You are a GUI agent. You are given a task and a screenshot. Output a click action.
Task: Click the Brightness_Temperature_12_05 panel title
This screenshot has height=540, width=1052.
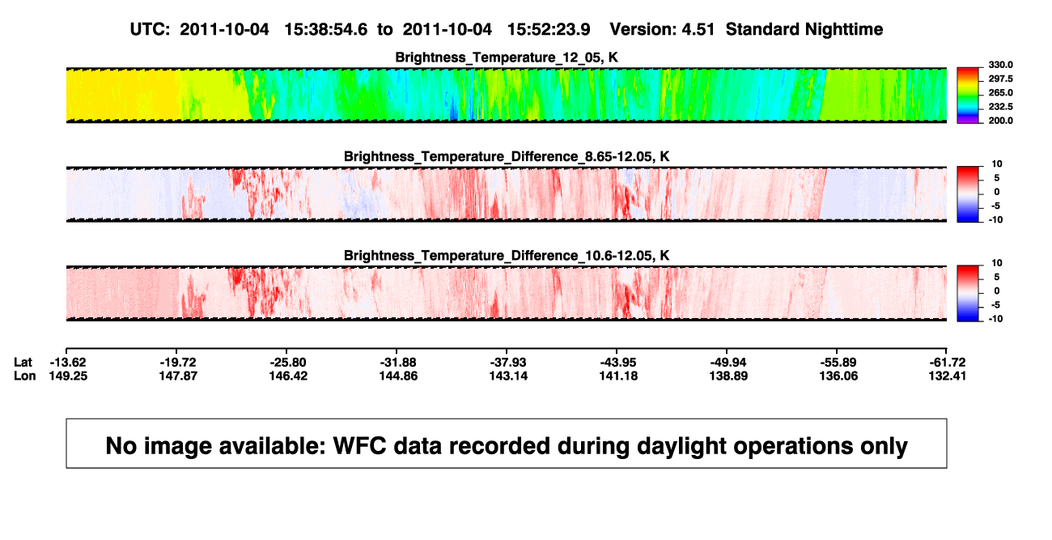coord(507,57)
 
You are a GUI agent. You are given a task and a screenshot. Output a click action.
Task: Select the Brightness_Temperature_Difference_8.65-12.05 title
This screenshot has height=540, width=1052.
coord(507,156)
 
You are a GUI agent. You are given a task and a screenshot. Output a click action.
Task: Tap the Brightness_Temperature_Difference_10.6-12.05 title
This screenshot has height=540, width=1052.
coord(507,256)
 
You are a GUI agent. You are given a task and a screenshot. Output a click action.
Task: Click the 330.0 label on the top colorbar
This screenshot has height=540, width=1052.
coord(1000,65)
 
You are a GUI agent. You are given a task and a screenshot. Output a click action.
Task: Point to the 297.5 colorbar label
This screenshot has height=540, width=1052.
coord(1000,79)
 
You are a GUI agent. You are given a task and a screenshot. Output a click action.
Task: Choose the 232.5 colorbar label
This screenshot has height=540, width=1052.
coord(1000,107)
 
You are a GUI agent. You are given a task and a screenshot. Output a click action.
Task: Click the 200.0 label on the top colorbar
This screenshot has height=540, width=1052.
coord(1000,121)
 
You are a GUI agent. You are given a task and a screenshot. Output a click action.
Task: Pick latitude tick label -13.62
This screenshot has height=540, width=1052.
coord(68,363)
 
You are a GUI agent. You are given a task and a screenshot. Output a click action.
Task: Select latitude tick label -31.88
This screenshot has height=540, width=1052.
coord(398,363)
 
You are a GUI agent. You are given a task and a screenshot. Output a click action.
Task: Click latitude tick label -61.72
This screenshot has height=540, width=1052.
coord(948,363)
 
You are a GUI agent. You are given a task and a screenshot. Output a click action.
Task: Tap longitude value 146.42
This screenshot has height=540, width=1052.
coord(288,376)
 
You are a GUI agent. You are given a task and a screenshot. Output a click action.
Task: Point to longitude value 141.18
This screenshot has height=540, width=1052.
coord(618,376)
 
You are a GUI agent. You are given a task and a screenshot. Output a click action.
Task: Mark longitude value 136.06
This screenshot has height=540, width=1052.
coord(838,376)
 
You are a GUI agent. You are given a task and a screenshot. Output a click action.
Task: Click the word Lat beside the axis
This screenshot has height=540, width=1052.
coord(23,363)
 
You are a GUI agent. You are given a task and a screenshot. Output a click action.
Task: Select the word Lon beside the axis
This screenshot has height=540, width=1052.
coord(24,376)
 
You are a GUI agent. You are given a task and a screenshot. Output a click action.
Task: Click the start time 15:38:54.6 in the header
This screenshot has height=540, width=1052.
coord(326,30)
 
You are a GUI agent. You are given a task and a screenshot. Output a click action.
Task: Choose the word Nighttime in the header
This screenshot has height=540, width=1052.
coord(844,30)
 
